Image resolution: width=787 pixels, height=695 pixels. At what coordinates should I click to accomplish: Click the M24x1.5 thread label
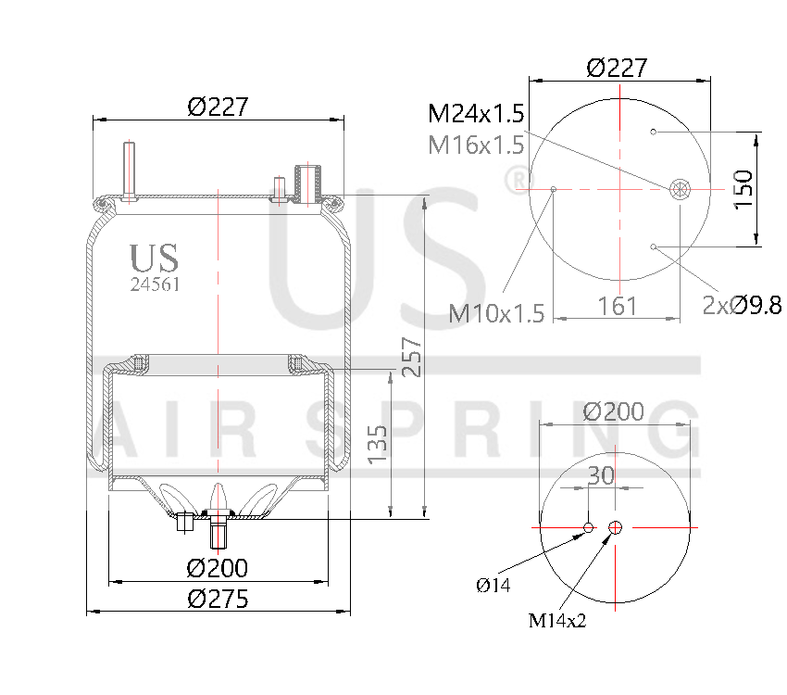point(476,114)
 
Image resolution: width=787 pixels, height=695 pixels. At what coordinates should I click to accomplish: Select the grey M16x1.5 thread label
point(476,145)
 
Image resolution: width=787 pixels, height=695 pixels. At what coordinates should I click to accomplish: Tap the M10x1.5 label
point(496,313)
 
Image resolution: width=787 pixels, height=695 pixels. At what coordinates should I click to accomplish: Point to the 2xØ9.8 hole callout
point(742,305)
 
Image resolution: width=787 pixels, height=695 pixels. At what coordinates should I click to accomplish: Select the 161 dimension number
point(617,305)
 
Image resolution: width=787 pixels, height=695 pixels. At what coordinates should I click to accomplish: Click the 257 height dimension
point(411,357)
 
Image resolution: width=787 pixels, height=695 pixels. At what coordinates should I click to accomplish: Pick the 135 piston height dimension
point(377,443)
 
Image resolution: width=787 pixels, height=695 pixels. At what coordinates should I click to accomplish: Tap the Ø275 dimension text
point(218,599)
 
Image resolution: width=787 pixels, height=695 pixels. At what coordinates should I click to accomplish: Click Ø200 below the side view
point(218,567)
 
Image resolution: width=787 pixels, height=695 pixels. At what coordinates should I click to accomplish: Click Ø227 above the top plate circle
point(617,68)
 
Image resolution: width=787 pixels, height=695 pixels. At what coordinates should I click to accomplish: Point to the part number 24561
point(155,285)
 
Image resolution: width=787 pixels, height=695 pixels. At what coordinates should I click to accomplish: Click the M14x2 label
point(558,620)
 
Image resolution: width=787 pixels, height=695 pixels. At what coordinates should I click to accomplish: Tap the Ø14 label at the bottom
point(493,585)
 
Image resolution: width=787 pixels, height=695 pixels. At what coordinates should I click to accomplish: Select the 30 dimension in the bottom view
point(601,475)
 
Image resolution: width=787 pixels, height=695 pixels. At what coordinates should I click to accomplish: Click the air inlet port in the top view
point(680,190)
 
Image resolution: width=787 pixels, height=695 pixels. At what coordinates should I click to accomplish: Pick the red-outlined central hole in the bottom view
point(616,528)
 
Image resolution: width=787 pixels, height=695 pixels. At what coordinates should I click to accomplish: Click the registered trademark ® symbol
point(543,177)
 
